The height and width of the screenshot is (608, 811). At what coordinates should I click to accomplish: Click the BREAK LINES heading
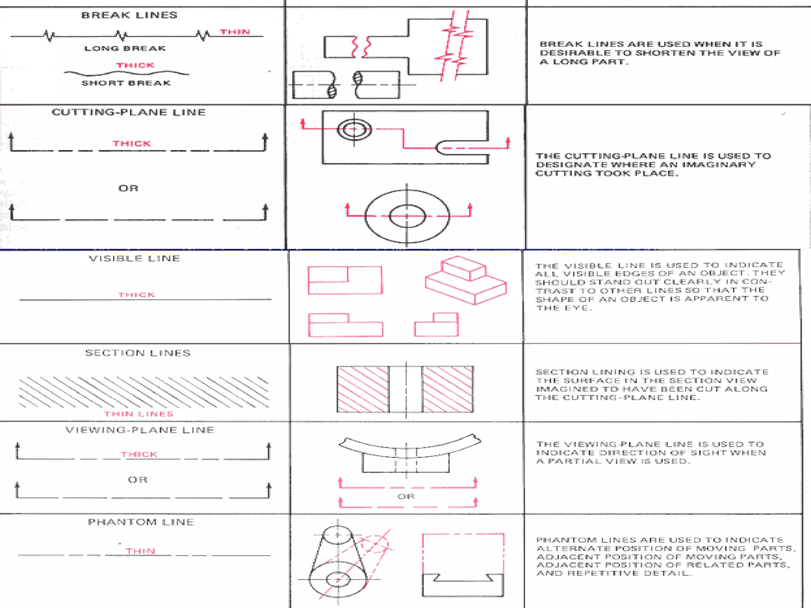129,15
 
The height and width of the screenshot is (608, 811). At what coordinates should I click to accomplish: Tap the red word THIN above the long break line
235,32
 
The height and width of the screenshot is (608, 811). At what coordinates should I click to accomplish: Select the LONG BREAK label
125,48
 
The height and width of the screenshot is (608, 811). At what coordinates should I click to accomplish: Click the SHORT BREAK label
126,83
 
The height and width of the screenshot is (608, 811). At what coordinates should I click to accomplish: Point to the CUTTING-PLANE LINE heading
129,112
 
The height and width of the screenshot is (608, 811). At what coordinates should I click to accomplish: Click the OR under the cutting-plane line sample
128,188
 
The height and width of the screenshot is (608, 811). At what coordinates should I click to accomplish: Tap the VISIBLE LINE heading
134,258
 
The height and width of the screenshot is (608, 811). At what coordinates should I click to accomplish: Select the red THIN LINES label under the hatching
139,414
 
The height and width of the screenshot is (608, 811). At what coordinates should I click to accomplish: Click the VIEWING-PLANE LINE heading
139,430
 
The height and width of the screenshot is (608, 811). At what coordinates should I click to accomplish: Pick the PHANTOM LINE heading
141,522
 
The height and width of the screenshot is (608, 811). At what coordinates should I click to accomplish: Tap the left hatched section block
363,389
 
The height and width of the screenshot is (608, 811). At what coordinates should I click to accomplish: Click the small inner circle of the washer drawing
407,216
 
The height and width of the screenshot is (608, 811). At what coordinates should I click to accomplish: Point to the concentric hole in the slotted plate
354,129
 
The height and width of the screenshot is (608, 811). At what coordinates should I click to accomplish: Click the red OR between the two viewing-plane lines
406,496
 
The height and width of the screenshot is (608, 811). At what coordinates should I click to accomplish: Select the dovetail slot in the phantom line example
463,577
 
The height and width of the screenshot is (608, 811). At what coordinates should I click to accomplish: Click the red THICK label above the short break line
135,65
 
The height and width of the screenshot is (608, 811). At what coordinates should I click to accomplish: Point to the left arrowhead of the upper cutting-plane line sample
11,136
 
